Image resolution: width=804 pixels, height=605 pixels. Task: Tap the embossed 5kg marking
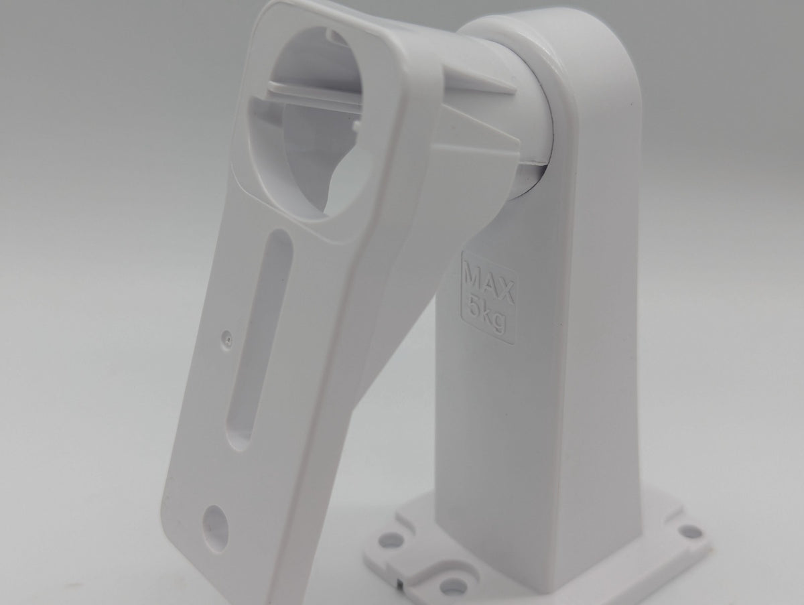(487, 316)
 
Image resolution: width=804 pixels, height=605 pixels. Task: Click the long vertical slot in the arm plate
(261, 340)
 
